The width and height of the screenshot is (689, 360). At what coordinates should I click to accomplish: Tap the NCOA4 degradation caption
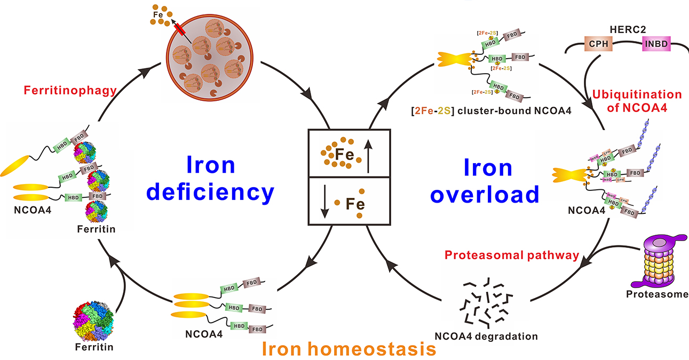click(x=486, y=336)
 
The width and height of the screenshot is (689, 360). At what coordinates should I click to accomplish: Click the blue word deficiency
click(x=210, y=191)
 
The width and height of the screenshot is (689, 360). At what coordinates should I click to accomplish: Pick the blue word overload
click(x=485, y=195)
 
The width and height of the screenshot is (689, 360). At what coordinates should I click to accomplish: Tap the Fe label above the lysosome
click(x=157, y=15)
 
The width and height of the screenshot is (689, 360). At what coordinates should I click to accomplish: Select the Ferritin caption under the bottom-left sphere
click(x=94, y=347)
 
